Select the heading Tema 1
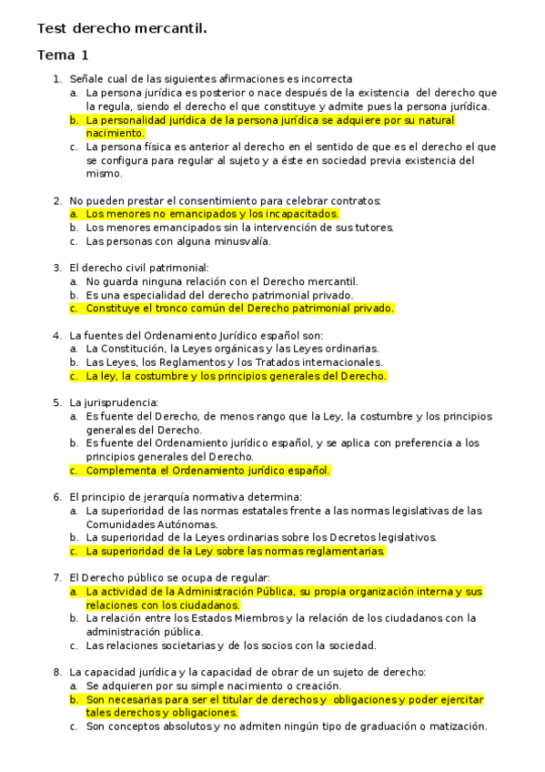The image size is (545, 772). [63, 56]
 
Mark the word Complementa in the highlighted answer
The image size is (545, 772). [121, 471]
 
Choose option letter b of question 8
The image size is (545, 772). [73, 699]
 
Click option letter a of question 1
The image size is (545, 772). [73, 93]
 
